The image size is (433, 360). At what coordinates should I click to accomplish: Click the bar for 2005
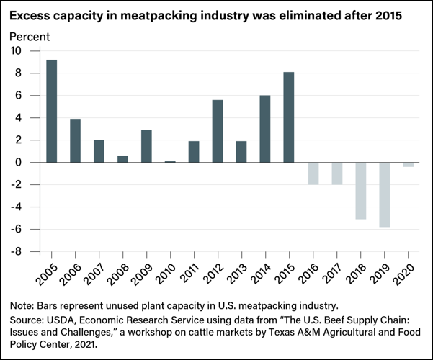pyautogui.click(x=52, y=111)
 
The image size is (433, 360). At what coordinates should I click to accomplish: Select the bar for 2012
pyautogui.click(x=218, y=131)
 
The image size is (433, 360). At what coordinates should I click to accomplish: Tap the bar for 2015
pyautogui.click(x=289, y=117)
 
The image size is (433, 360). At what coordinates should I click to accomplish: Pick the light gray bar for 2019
pyautogui.click(x=384, y=194)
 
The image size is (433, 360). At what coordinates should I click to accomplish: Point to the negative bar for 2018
pyautogui.click(x=360, y=191)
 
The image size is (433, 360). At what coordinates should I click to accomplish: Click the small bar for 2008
pyautogui.click(x=122, y=159)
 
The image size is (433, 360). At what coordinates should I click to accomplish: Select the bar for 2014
pyautogui.click(x=265, y=129)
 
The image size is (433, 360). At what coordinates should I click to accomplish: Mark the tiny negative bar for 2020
pyautogui.click(x=408, y=165)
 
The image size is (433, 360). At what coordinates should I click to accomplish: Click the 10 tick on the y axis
pyautogui.click(x=16, y=51)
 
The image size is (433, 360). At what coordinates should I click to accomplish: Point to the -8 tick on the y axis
pyautogui.click(x=16, y=252)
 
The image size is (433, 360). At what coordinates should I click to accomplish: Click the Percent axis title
pyautogui.click(x=29, y=35)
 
